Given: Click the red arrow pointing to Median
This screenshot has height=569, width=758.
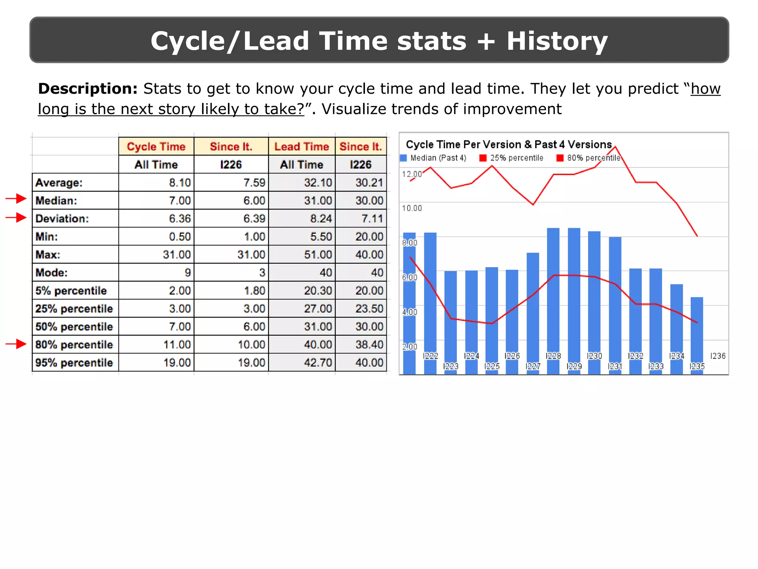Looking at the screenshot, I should pos(16,199).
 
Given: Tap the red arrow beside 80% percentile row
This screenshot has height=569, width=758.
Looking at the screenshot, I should pos(16,344).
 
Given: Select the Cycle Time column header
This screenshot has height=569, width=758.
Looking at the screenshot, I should pos(156,147).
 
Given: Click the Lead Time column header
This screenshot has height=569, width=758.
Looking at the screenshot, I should pos(302,147).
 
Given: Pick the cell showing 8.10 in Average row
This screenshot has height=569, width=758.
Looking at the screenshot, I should pos(180,183).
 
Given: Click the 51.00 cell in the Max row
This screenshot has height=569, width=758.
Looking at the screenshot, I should pos(318,255).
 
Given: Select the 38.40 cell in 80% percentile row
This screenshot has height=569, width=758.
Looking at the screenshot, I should pos(369,345).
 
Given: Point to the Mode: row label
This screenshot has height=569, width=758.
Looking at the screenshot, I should pos(51,273).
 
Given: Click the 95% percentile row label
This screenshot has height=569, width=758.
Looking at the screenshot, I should pos(74,363).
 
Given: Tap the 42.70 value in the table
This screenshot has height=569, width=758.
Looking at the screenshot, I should pos(318,363).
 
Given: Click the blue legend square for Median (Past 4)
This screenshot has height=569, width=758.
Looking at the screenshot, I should pos(403,158).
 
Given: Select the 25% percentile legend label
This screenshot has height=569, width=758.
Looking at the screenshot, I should pos(517,158).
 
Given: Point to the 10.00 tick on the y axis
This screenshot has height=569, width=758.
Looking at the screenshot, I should pos(412,208).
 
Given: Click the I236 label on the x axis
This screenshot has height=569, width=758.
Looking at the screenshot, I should pos(718,356).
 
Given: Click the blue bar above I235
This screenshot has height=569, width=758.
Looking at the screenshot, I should pos(697,326).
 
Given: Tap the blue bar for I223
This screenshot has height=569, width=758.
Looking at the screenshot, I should pos(451,315).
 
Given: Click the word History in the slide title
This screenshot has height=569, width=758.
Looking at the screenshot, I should pos(557,41).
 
